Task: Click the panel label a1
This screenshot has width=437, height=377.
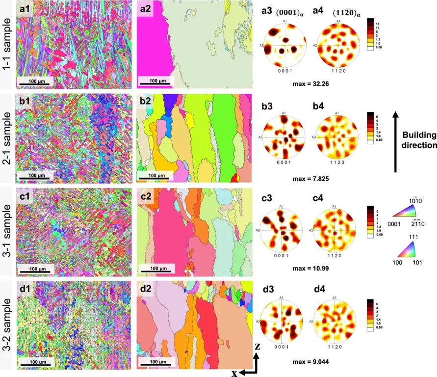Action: pyautogui.click(x=25, y=9)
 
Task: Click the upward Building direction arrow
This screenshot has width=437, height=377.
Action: pyautogui.click(x=396, y=142)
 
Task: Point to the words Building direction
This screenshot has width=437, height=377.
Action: pyautogui.click(x=417, y=139)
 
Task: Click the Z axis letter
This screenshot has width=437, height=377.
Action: pyautogui.click(x=257, y=347)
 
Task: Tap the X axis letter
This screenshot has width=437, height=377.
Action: pyautogui.click(x=235, y=373)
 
